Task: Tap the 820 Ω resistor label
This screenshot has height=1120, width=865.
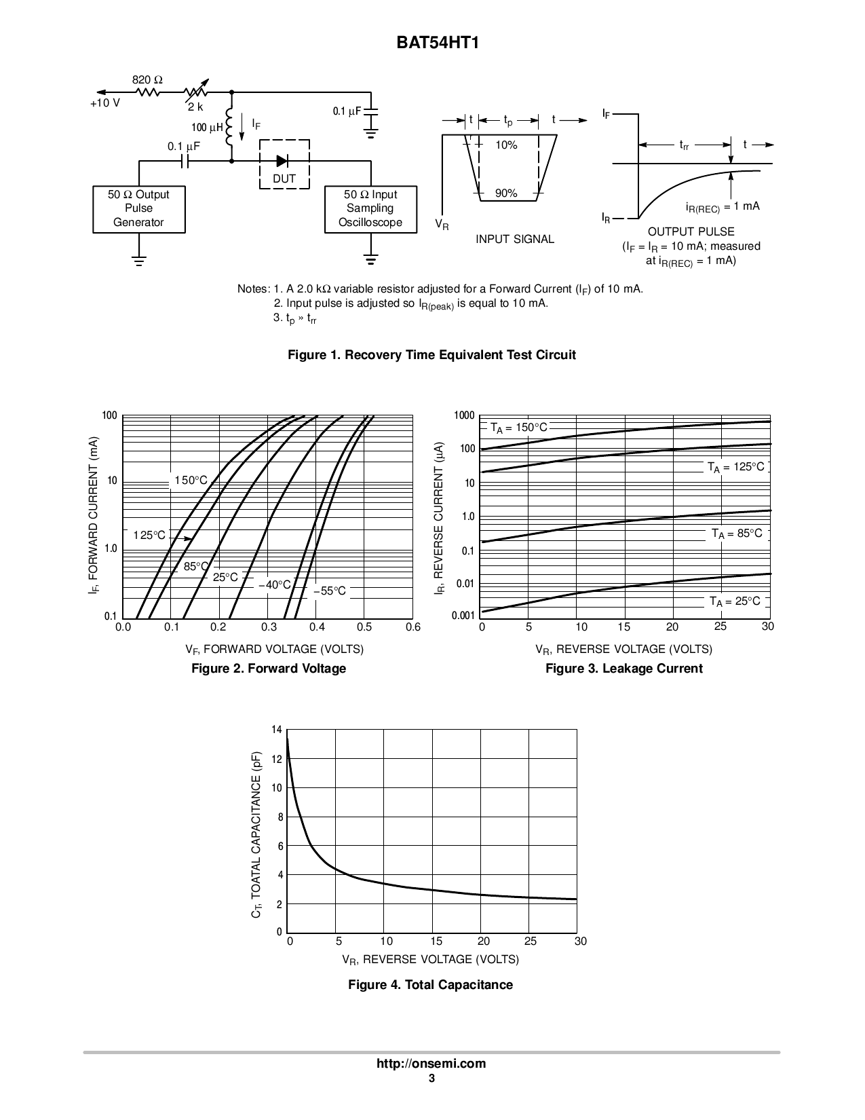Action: click(x=147, y=80)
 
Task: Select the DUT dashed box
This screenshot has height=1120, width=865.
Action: click(x=284, y=165)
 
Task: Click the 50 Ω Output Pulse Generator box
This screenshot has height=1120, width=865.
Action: click(x=138, y=208)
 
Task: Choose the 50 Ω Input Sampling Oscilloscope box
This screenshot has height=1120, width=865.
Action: click(x=370, y=208)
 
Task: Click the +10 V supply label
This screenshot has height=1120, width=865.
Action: click(x=105, y=103)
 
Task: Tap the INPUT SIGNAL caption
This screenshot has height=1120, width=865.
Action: click(x=514, y=239)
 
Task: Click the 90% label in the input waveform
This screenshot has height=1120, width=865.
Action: click(x=506, y=193)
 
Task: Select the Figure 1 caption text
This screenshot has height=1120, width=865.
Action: click(x=431, y=354)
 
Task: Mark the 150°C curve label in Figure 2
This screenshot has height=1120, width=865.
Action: click(x=191, y=481)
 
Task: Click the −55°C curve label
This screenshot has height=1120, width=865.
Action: click(x=330, y=591)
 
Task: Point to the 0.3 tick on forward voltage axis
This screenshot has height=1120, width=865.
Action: click(x=269, y=627)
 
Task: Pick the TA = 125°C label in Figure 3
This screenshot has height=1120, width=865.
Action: click(x=735, y=467)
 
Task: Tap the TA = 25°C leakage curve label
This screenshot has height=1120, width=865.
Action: click(x=735, y=601)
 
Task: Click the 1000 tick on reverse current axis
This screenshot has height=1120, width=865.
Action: click(x=464, y=415)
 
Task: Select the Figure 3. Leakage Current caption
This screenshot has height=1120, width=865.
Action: click(x=623, y=669)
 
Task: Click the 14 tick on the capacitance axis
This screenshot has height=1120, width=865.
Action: click(x=276, y=730)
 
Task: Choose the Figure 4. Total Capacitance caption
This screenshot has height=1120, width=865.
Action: click(x=430, y=984)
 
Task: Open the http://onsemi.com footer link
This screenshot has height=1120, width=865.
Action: click(x=431, y=1064)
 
